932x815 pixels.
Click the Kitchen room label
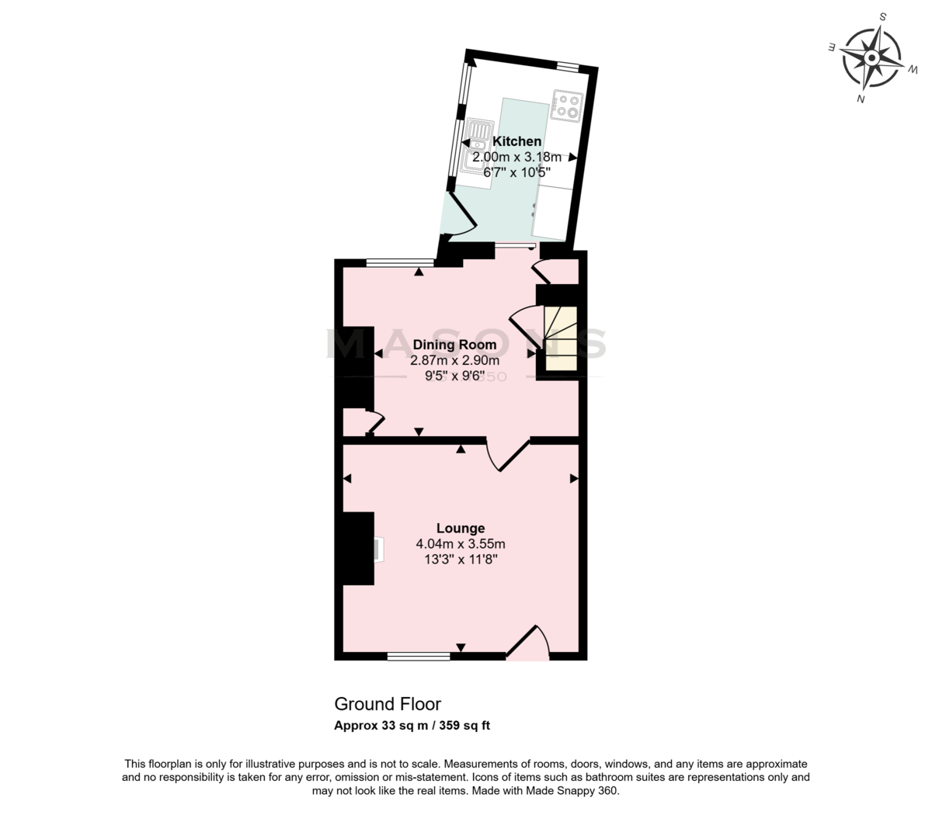[x=516, y=141]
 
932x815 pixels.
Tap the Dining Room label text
[x=454, y=345]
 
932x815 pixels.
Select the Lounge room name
[x=461, y=528]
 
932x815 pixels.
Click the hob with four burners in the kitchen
[x=567, y=106]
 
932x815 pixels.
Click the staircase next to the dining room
[x=561, y=338]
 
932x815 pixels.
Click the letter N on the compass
[x=861, y=99]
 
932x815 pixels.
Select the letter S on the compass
[x=882, y=17]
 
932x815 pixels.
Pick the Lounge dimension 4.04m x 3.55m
[x=461, y=543]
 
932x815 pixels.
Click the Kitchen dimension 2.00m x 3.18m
[x=516, y=157]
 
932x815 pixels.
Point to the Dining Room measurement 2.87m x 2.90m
[x=454, y=361]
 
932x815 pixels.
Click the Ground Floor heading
[x=388, y=704]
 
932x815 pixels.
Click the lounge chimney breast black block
[x=358, y=548]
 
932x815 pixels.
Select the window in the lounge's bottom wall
[x=419, y=656]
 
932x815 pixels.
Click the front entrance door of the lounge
[x=528, y=643]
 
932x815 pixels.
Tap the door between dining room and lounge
[x=508, y=454]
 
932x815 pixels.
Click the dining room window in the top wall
[x=401, y=262]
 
